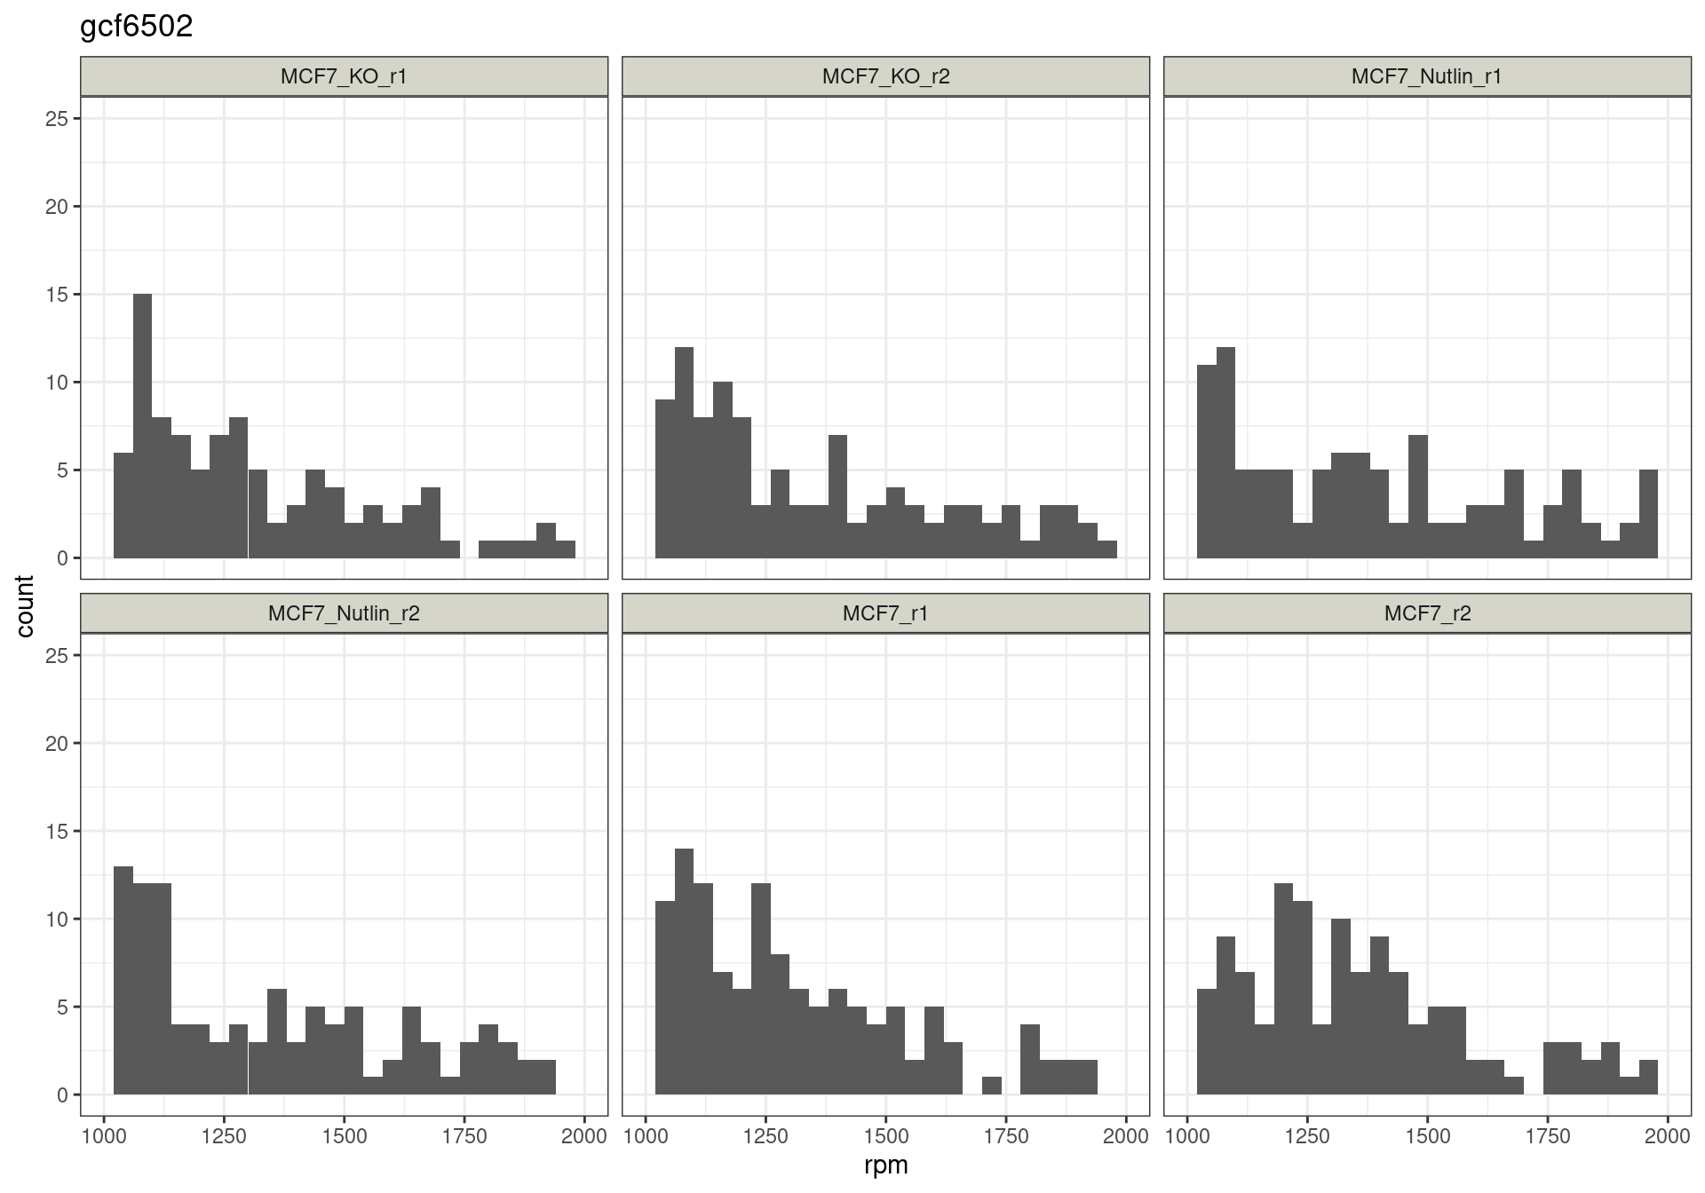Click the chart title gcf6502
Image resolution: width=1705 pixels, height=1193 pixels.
136,28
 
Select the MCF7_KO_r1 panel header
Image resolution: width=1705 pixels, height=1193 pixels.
344,76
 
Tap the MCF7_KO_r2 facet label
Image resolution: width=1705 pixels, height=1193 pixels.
885,76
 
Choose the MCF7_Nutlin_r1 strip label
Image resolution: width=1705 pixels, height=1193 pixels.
1426,76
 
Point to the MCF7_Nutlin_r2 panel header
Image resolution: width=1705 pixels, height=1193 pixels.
344,613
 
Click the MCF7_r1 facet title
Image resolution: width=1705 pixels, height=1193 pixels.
885,613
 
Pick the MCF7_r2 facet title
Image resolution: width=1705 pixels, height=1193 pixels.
1426,613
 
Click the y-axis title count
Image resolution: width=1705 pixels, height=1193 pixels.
25,606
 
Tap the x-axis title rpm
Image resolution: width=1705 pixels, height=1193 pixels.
885,1165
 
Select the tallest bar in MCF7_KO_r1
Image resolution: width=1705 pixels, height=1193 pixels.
142,426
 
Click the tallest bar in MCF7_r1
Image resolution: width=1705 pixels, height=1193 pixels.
684,972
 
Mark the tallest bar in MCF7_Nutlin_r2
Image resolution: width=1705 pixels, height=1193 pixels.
123,981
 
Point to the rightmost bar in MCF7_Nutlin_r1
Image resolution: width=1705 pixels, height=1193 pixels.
1648,514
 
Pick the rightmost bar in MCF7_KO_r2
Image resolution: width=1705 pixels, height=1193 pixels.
1106,549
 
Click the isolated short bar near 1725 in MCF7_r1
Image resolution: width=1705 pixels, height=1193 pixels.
992,1086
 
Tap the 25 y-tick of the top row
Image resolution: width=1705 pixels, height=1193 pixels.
57,119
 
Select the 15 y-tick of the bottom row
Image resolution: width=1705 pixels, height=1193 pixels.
57,832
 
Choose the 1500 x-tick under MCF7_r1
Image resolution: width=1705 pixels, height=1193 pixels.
885,1136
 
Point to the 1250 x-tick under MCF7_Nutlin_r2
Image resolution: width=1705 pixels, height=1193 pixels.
224,1136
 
